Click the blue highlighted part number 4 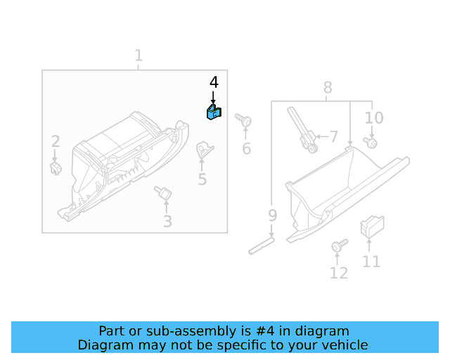click(x=213, y=112)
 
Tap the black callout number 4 click(x=214, y=82)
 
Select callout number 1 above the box click(x=139, y=56)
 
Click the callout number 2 click(x=56, y=141)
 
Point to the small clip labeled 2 click(x=56, y=167)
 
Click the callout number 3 click(x=167, y=222)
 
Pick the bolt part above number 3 click(x=165, y=191)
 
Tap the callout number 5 click(x=202, y=179)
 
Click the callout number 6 click(x=246, y=148)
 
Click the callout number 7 click(x=333, y=136)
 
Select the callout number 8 click(x=328, y=88)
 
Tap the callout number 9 click(x=272, y=215)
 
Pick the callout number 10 click(x=374, y=117)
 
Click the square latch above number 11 click(x=370, y=227)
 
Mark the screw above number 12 click(x=339, y=245)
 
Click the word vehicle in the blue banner click(x=344, y=345)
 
